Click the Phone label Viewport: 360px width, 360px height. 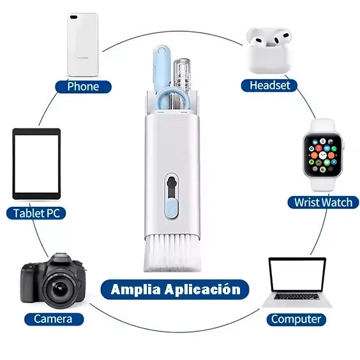pos(83,86)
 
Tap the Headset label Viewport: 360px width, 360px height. pos(269,85)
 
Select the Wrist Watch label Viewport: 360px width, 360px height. pos(323,202)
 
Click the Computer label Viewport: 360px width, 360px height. pos(296,319)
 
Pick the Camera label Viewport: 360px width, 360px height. pos(53,319)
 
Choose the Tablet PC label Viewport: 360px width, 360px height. pos(36,213)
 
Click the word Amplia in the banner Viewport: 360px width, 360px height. pos(137,289)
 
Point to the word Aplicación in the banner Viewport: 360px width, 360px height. pos(204,289)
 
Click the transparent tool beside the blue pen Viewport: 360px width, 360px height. pos(183,73)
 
